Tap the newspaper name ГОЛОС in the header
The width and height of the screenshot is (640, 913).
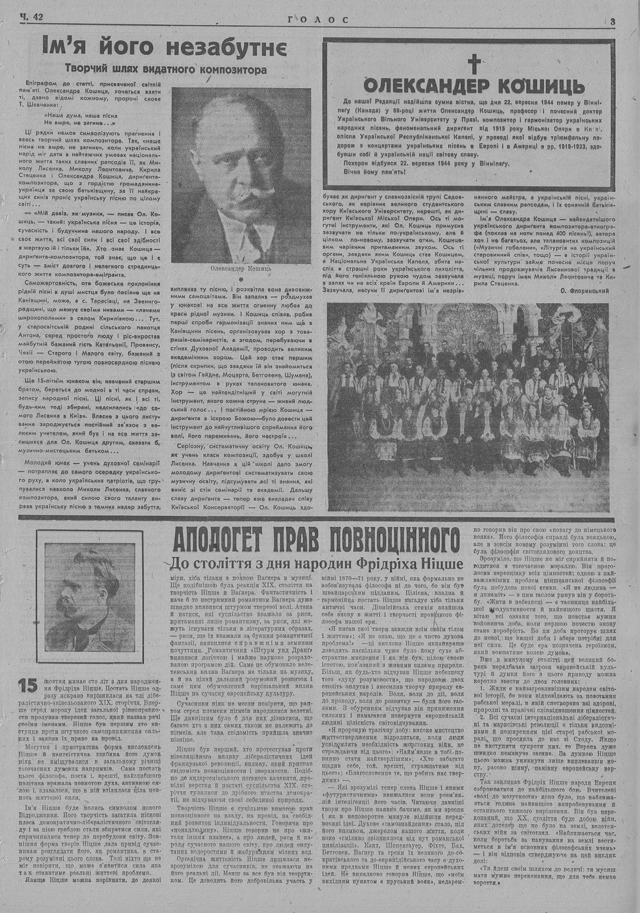point(318,20)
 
